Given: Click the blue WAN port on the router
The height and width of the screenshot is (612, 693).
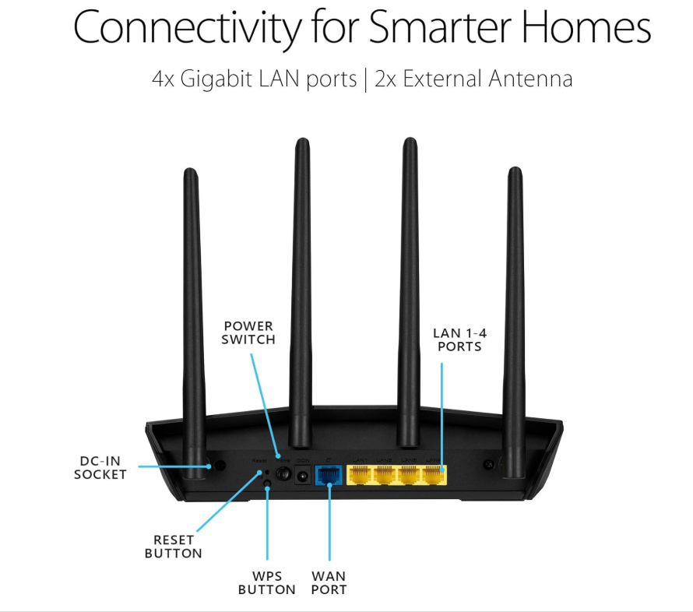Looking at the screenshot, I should pos(328,473).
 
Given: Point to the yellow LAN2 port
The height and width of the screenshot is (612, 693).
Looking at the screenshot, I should pos(385,473).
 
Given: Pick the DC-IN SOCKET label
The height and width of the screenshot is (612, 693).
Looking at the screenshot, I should pos(100,467).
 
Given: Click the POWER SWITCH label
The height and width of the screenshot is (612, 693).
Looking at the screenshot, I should pos(248,332).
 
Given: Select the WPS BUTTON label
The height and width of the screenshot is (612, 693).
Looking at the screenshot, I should pos(267,583).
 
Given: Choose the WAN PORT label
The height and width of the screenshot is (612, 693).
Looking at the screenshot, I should pos(329,583).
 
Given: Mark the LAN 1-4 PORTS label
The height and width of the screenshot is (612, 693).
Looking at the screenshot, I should pos(459,339).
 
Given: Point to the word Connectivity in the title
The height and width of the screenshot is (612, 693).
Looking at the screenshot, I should pos(185,28).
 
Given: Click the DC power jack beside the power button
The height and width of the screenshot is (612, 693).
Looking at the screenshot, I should pos(303,473).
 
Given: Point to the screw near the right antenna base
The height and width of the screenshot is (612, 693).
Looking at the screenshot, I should pos(489,465).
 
